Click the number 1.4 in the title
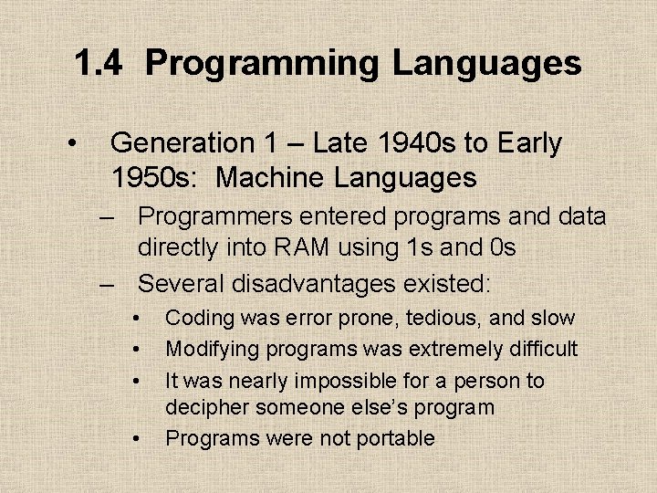(x=96, y=64)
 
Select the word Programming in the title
(x=263, y=64)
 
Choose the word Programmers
(x=215, y=216)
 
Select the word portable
(x=392, y=438)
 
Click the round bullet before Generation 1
(x=69, y=144)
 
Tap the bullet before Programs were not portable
(x=135, y=439)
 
